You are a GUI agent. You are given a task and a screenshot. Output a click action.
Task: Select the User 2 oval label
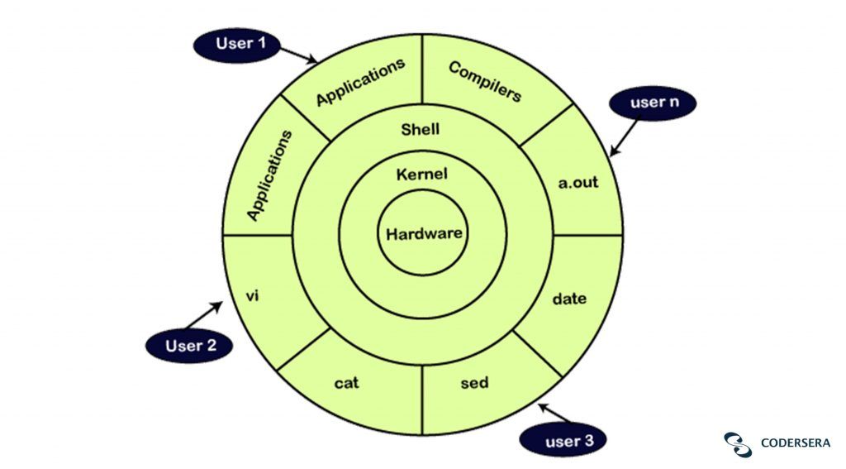click(x=190, y=346)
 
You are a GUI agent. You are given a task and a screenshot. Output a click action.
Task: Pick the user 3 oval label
click(x=568, y=441)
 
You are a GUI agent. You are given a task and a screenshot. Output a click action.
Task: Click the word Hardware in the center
click(x=423, y=233)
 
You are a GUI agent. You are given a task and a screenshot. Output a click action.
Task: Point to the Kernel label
click(x=422, y=175)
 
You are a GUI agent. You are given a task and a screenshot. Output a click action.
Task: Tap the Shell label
click(x=421, y=129)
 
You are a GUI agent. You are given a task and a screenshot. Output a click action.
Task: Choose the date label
click(x=569, y=299)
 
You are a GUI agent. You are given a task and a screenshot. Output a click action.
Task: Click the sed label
click(x=474, y=383)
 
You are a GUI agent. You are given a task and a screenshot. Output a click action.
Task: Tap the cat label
click(x=347, y=383)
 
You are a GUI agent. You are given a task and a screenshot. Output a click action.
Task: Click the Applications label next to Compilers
click(x=361, y=83)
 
